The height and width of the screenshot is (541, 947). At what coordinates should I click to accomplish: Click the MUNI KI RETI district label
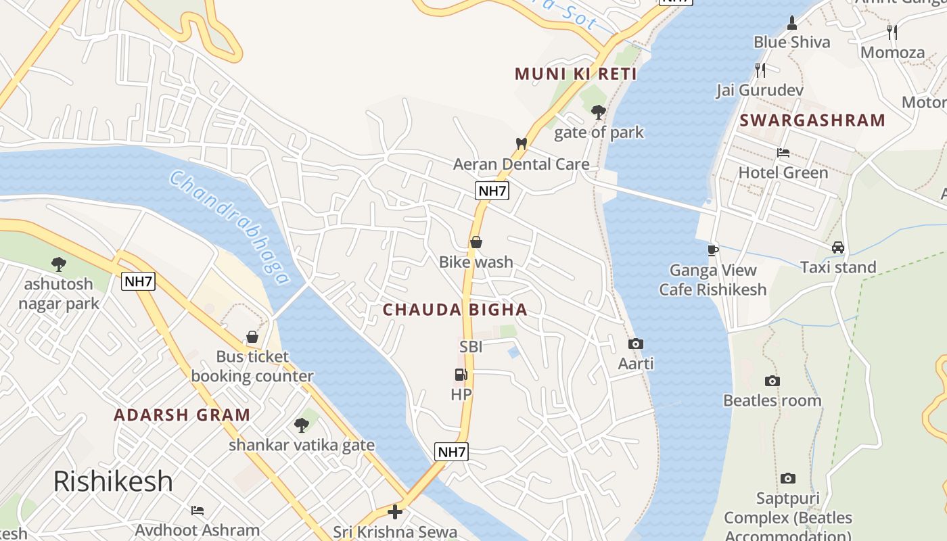point(576,74)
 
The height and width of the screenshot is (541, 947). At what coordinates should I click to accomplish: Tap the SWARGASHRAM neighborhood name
point(812,120)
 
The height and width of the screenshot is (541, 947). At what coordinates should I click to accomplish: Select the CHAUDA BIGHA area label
point(455,310)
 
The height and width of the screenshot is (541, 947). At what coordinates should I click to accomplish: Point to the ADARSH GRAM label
point(182,415)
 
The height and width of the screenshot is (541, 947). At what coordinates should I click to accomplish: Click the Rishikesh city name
point(113,481)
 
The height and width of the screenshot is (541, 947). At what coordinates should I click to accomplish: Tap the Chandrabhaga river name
point(229,227)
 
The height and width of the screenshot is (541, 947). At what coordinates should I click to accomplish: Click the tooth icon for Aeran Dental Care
point(521,143)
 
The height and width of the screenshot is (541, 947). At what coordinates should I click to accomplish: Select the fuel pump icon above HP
point(461,375)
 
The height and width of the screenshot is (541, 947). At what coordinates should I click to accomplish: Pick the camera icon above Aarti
point(636,344)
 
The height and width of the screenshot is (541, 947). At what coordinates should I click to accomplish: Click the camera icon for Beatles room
point(772,381)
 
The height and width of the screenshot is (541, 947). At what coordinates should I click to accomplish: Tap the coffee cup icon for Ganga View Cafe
point(712,250)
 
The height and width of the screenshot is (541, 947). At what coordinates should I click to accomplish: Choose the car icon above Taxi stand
point(838,248)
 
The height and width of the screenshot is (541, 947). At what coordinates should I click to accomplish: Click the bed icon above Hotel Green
point(783,153)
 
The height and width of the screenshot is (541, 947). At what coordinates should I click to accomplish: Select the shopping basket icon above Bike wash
point(476,242)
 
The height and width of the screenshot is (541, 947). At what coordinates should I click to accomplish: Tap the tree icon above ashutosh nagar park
point(59,264)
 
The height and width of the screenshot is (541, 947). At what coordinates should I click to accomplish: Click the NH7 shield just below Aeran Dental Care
point(492,191)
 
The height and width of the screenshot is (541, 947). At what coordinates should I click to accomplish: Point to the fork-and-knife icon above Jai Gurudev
point(760,70)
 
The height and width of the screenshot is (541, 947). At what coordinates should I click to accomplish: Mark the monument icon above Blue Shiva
point(792,22)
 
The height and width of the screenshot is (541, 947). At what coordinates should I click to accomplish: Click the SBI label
point(471,347)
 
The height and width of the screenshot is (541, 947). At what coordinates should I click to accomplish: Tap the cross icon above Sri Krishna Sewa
point(395,512)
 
